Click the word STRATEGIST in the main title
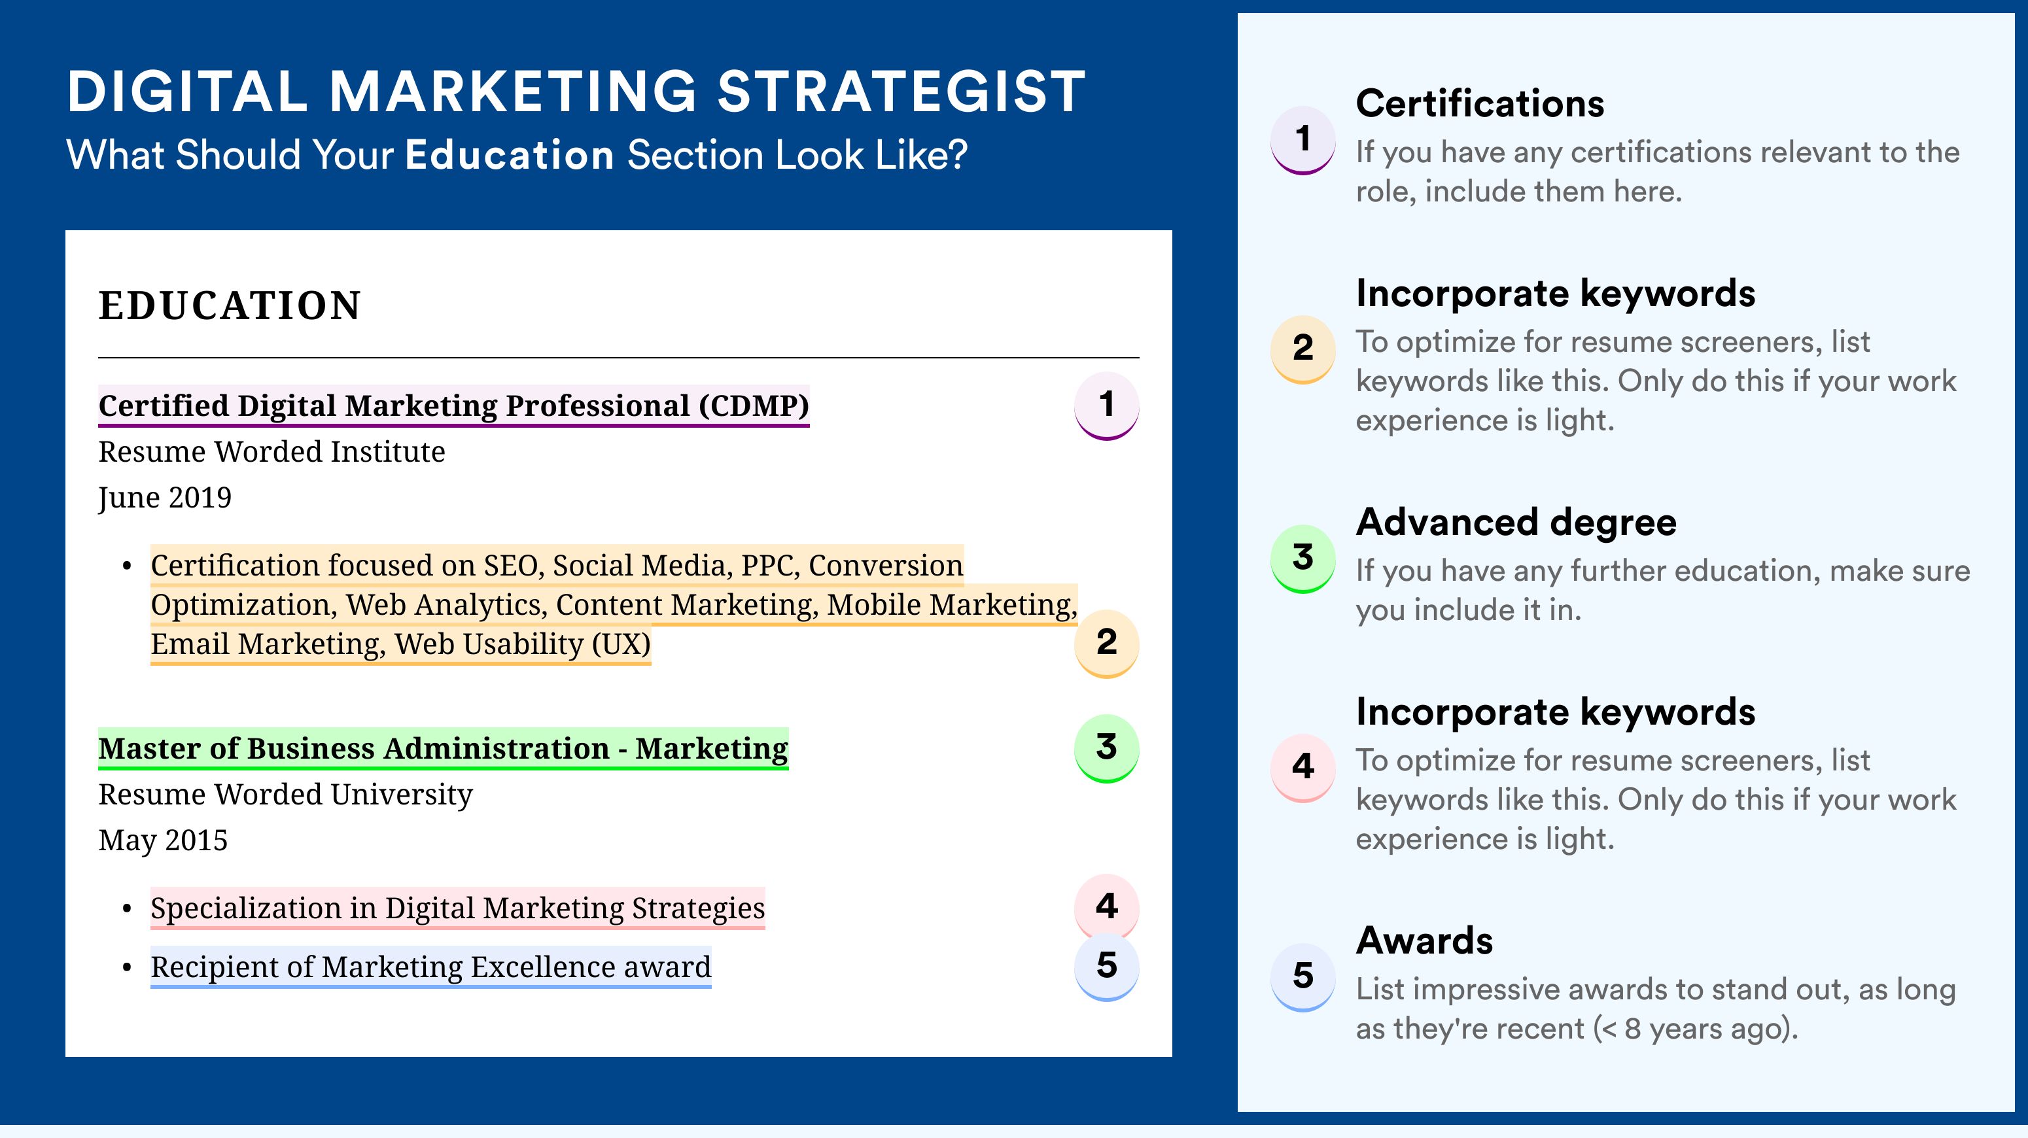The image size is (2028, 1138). tap(901, 92)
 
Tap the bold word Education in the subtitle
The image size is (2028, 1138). tap(510, 154)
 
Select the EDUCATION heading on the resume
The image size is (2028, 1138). tap(229, 305)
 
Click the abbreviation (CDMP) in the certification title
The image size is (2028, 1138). tap(754, 405)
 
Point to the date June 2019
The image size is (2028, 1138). tap(165, 497)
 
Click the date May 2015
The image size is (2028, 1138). tap(163, 840)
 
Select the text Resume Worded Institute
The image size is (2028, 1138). tap(271, 452)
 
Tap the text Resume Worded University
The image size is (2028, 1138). tap(286, 794)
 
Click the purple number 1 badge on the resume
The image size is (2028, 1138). tap(1106, 405)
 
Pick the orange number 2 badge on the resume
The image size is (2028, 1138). tap(1106, 642)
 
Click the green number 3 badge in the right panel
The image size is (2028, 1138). tap(1303, 557)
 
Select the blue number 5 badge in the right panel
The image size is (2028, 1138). tap(1303, 976)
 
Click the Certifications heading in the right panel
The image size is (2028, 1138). tap(1480, 103)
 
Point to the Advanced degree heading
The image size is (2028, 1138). tap(1516, 522)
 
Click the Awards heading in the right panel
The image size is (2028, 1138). tap(1424, 940)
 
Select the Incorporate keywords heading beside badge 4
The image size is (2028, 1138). tap(1556, 712)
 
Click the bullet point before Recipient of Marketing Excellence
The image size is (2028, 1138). tap(127, 967)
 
